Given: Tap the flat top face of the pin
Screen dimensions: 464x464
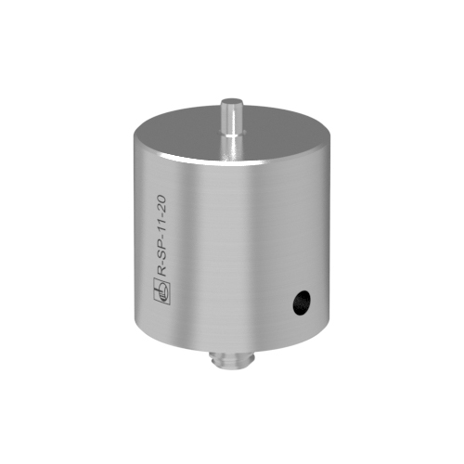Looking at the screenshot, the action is pos(232,102).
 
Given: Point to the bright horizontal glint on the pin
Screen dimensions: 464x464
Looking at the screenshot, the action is pos(233,135).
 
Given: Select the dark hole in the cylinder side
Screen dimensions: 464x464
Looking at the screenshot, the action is pos(302,303).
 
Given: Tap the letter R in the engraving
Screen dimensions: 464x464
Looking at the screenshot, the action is pos(162,271).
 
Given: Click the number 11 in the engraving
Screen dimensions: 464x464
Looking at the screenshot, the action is pos(162,223).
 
